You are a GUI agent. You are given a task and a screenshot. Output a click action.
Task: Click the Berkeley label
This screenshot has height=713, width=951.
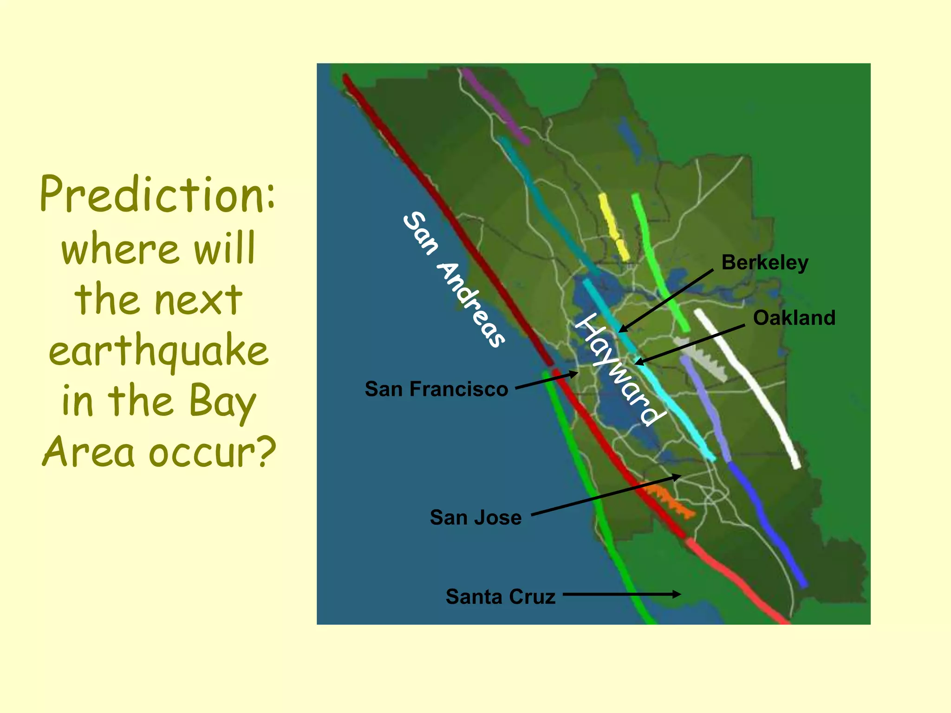(x=765, y=263)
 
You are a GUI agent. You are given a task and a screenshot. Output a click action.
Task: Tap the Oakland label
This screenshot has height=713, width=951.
(x=794, y=318)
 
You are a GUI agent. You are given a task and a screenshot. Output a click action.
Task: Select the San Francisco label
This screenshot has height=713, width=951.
(x=436, y=389)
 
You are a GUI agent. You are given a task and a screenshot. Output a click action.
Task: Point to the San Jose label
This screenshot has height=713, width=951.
(x=475, y=518)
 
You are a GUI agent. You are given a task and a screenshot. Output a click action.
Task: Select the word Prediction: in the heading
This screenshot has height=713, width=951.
(x=158, y=195)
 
